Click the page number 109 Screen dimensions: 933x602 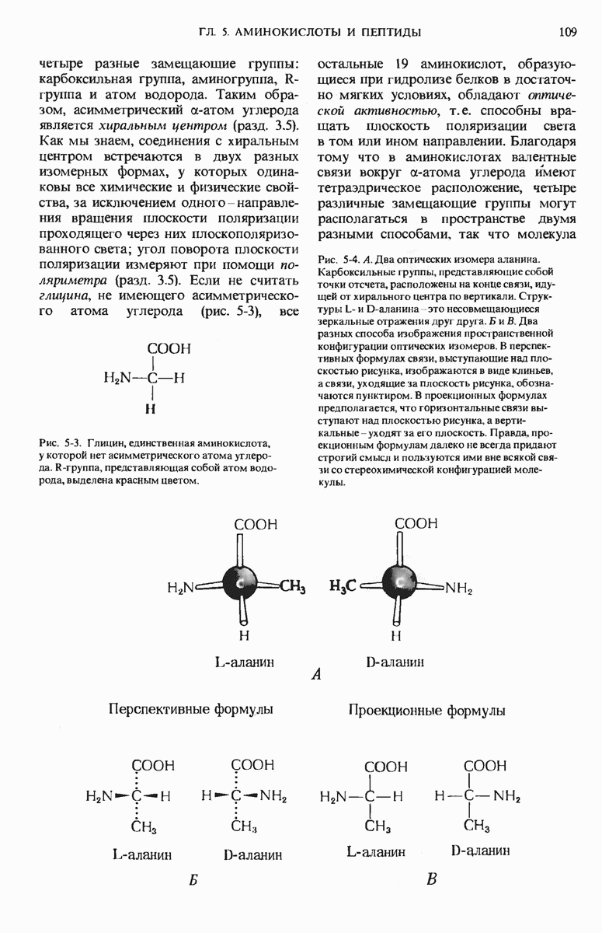(x=566, y=32)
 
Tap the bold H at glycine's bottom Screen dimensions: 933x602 (x=153, y=407)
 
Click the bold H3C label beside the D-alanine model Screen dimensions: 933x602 (x=343, y=587)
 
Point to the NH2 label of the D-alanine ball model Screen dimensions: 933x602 (x=458, y=589)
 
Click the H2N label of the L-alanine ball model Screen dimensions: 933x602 (x=180, y=589)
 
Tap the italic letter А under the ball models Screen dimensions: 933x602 (x=315, y=676)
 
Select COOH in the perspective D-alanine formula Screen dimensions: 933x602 (x=253, y=766)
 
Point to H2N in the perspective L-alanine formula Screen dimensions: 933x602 (x=99, y=796)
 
